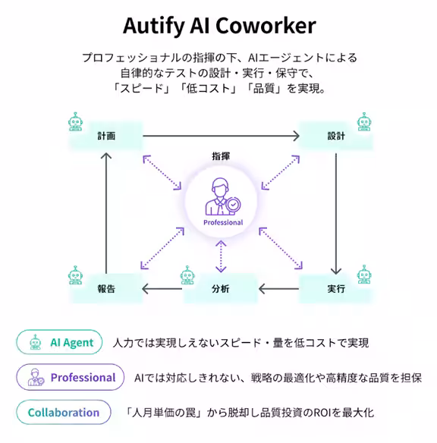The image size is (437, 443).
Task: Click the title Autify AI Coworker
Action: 218,26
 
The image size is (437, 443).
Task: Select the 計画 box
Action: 107,137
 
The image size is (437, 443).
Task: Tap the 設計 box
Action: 336,137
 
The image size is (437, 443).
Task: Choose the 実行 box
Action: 336,289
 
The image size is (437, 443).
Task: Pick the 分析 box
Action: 221,289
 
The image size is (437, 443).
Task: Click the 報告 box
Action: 107,289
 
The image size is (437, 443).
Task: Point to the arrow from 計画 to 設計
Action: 221,137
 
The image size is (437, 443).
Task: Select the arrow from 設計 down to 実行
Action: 336,212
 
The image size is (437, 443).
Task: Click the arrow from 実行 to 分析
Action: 278,289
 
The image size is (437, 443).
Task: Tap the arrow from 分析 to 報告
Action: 164,289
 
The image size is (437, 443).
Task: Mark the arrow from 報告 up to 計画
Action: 107,212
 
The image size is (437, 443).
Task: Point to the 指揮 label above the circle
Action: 222,156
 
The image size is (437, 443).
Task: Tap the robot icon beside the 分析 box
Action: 189,275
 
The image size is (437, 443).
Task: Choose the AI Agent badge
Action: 60,342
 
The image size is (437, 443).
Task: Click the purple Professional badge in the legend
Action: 70,377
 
